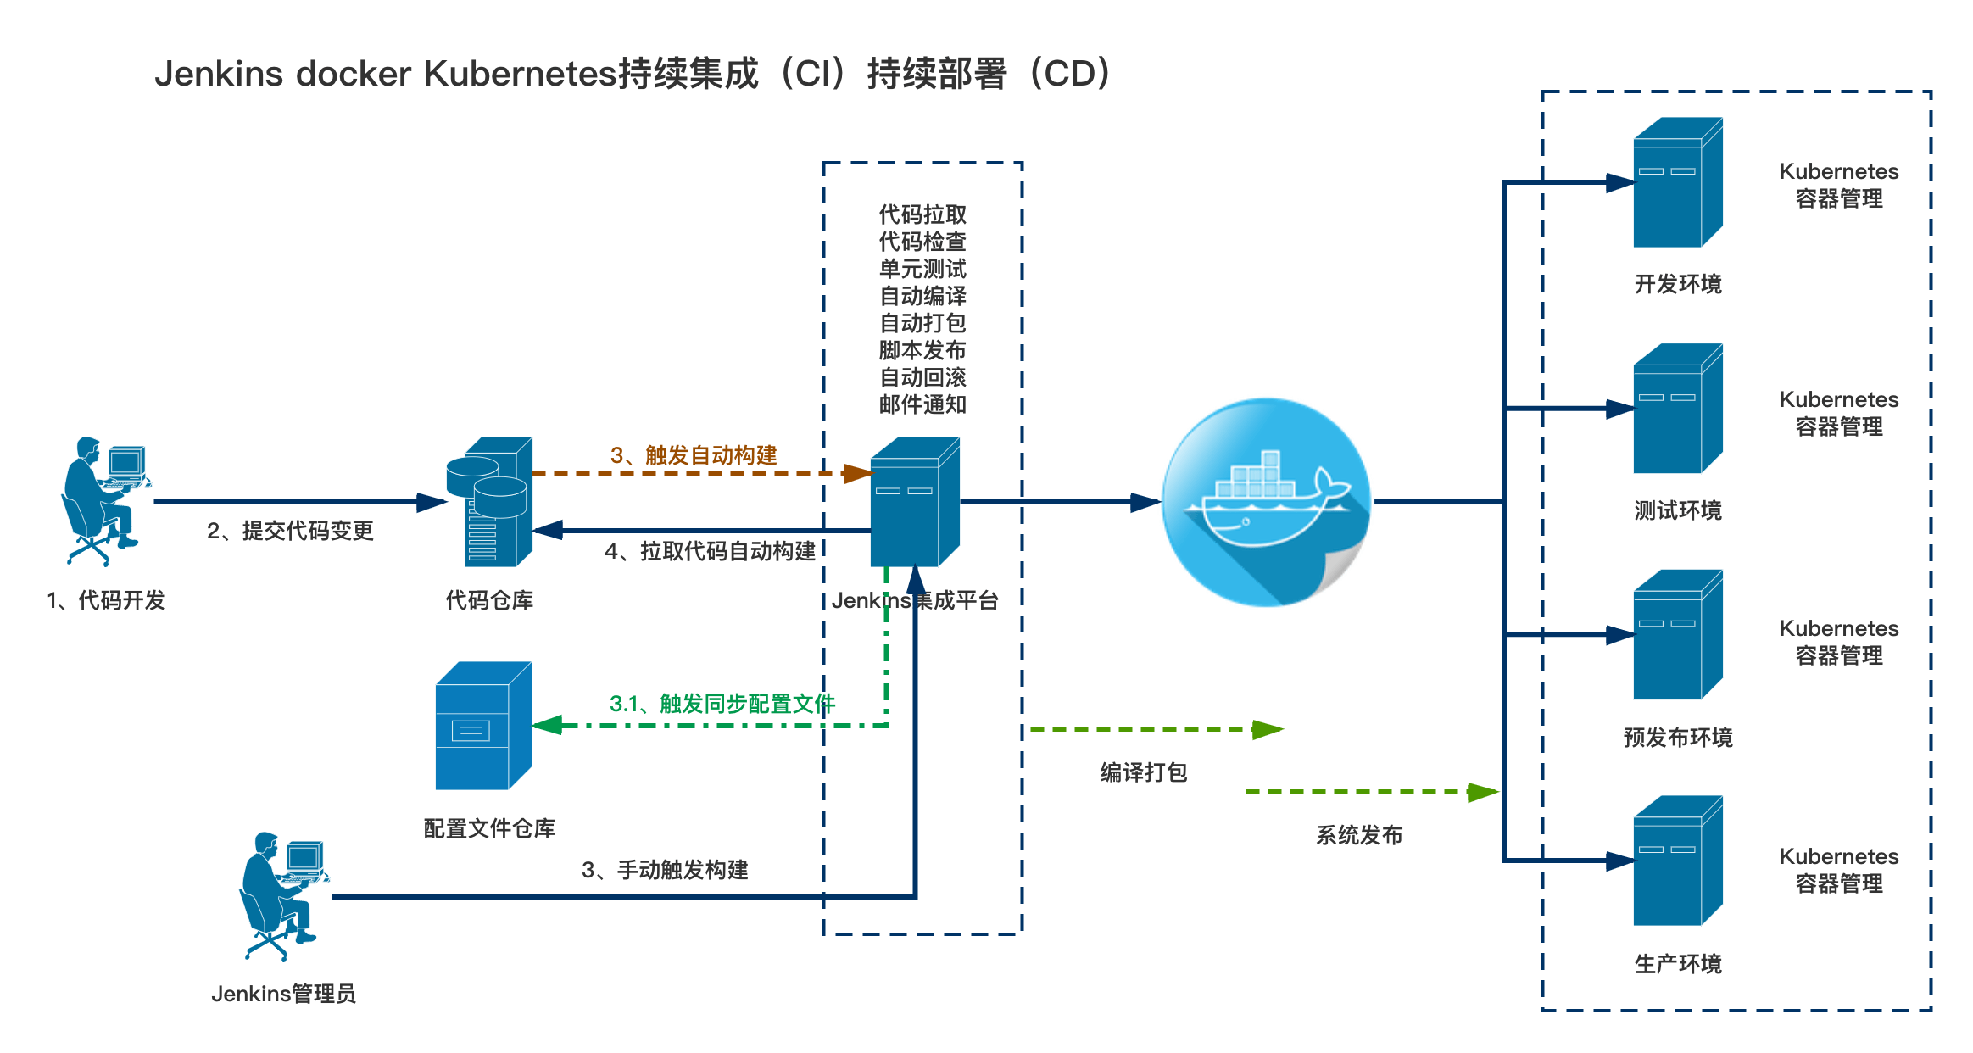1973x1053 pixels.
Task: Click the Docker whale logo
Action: pyautogui.click(x=1266, y=502)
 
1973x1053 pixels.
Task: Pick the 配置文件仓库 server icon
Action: pyautogui.click(x=482, y=726)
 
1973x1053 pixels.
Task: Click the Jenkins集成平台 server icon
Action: pyautogui.click(x=914, y=502)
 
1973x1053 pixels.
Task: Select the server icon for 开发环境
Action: pyautogui.click(x=1677, y=182)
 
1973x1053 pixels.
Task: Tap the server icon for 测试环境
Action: pyautogui.click(x=1677, y=409)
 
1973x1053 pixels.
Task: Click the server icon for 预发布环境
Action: pyautogui.click(x=1677, y=634)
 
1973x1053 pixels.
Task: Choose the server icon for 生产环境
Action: pyautogui.click(x=1677, y=861)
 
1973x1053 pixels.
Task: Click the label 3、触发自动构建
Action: pyautogui.click(x=694, y=455)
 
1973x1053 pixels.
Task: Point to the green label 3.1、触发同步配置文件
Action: pyautogui.click(x=722, y=704)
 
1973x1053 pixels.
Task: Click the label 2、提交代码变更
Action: pyautogui.click(x=290, y=531)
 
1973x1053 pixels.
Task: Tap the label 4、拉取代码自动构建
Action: pyautogui.click(x=710, y=551)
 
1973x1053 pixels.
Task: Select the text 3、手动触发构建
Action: pyautogui.click(x=665, y=870)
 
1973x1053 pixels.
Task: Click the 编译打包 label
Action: pyautogui.click(x=1144, y=772)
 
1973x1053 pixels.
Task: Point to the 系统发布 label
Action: pyautogui.click(x=1359, y=835)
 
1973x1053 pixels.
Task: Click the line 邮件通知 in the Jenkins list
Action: pyautogui.click(x=922, y=404)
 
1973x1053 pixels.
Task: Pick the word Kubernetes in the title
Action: pyautogui.click(x=520, y=74)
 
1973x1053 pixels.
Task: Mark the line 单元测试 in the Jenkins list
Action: pyautogui.click(x=922, y=269)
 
